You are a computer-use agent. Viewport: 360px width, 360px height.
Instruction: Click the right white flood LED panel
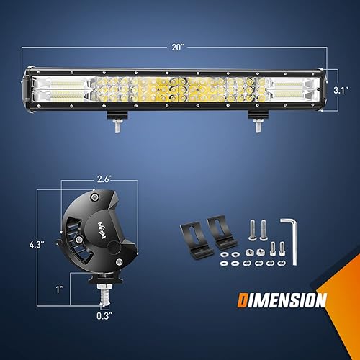pyautogui.click(x=289, y=89)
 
